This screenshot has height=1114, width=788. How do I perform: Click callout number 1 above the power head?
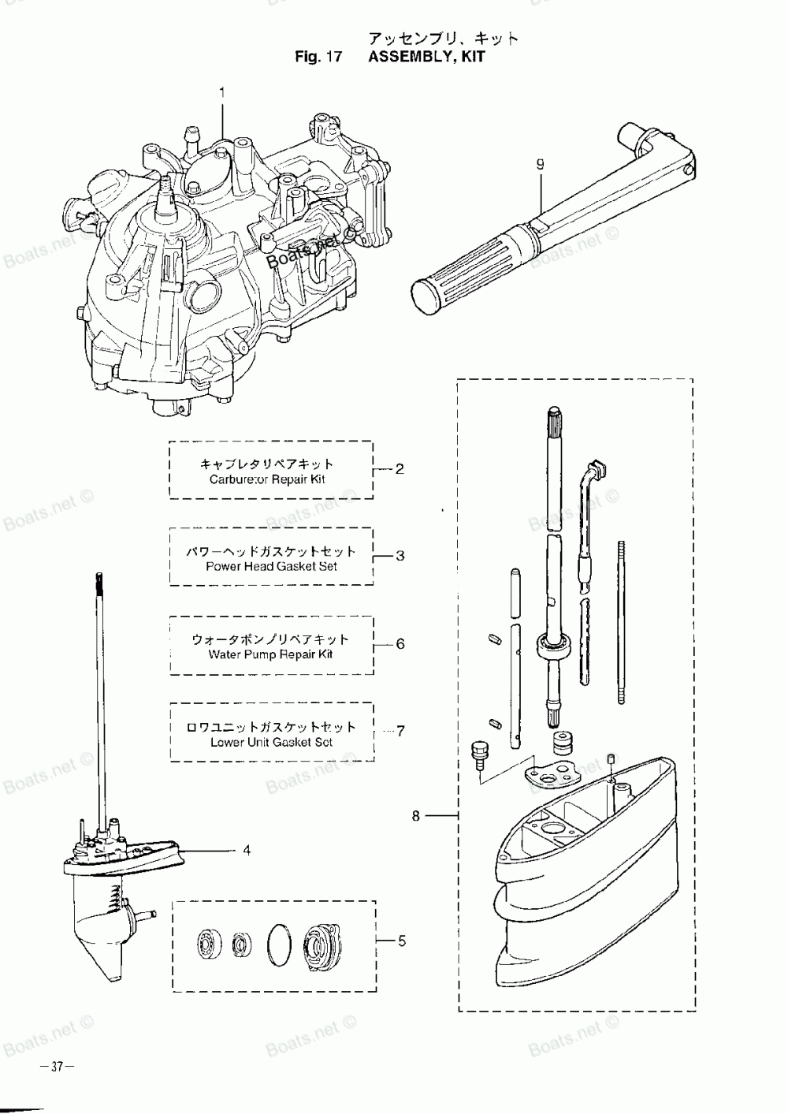tap(222, 92)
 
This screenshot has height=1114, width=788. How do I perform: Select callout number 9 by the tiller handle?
tap(541, 164)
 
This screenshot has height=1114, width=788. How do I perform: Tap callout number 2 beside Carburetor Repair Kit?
tap(400, 469)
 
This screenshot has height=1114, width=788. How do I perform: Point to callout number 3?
tap(400, 556)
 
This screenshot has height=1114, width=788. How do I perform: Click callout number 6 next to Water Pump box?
tap(401, 644)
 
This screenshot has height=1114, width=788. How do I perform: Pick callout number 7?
tap(401, 731)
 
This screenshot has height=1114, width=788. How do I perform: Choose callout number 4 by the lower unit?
tap(247, 851)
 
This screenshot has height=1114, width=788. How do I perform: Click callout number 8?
tap(415, 816)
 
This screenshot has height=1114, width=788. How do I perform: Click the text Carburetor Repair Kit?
tap(267, 479)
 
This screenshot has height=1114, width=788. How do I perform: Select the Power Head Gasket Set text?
tap(271, 566)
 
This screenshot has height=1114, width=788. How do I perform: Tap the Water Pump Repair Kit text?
tap(271, 654)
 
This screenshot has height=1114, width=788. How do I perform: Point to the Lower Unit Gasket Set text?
tap(271, 743)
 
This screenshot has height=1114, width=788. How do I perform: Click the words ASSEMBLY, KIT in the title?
tap(426, 56)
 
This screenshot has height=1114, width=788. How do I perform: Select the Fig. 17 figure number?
tap(318, 56)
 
